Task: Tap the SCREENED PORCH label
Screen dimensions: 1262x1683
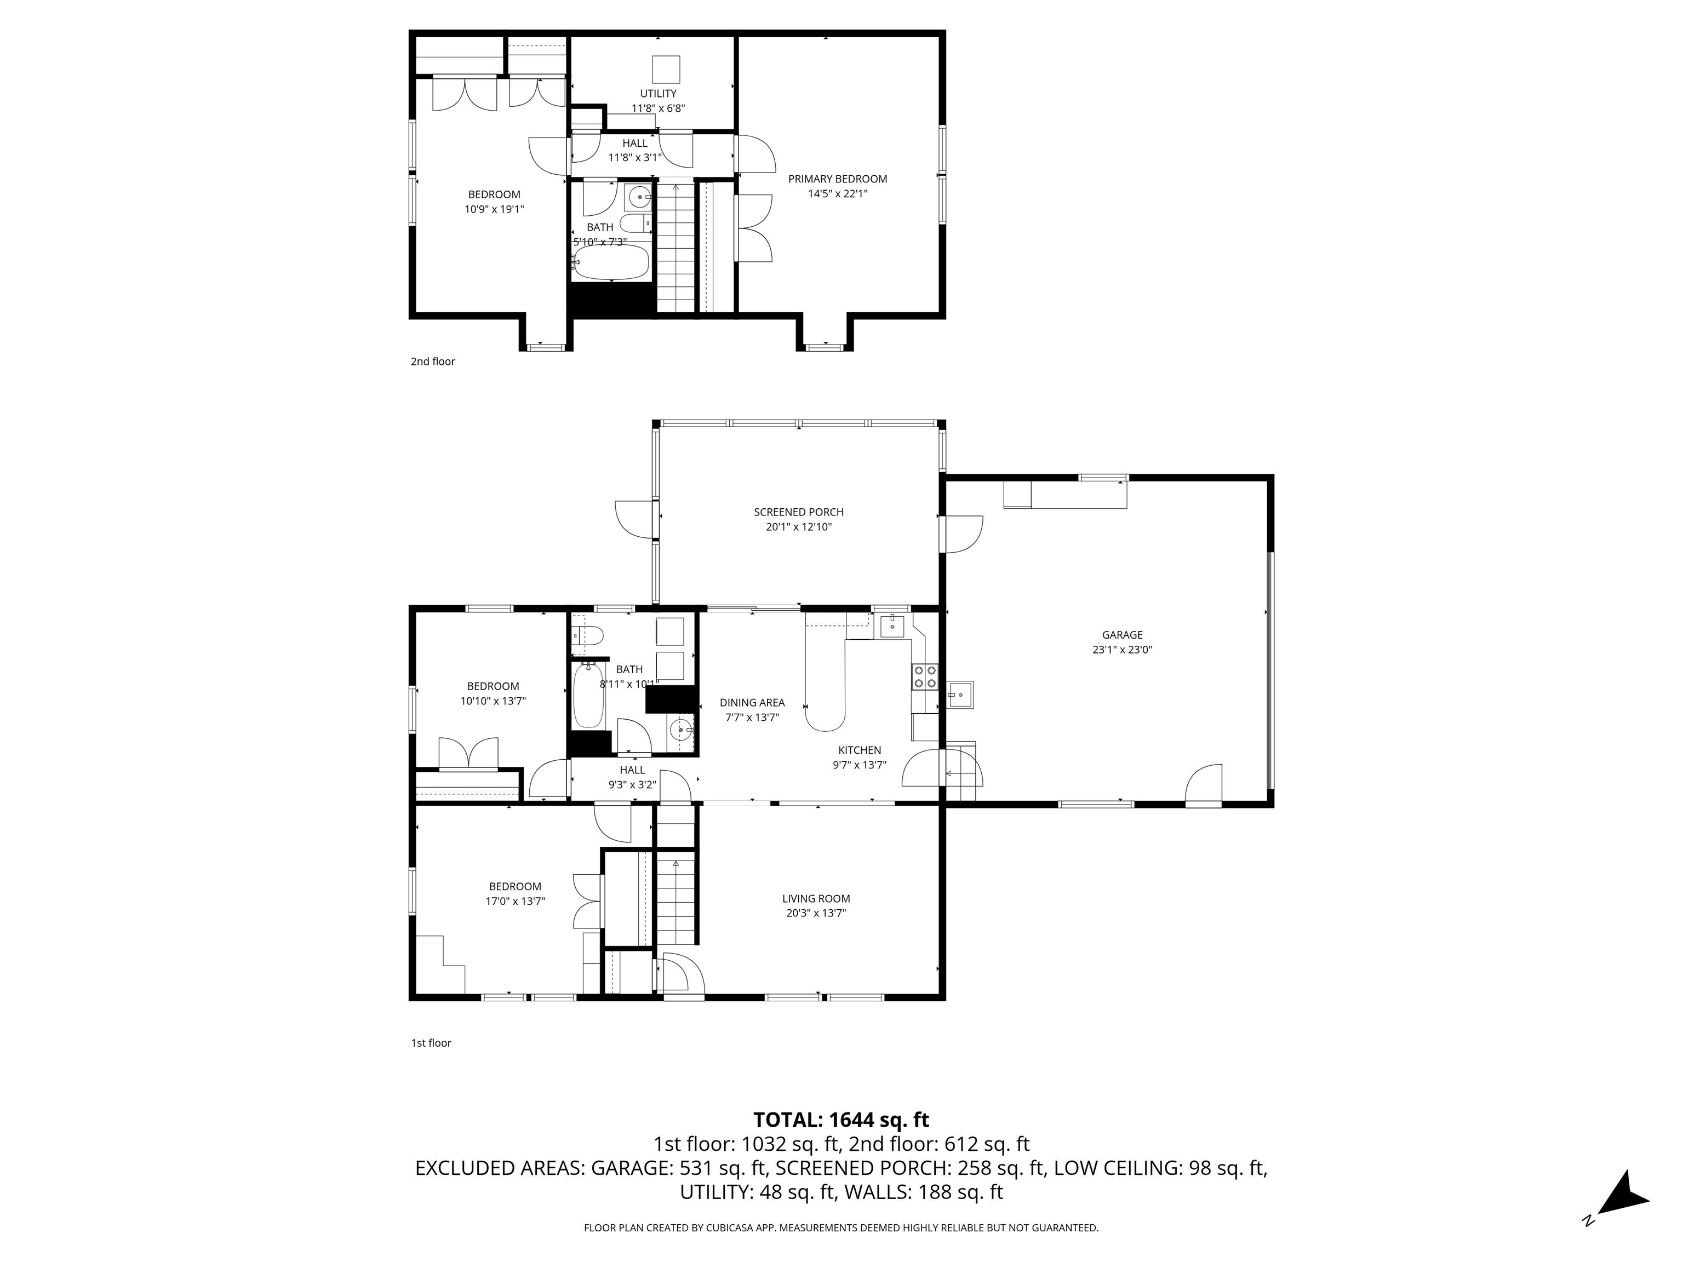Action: [x=798, y=512]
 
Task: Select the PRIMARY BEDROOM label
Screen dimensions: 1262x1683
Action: [x=837, y=179]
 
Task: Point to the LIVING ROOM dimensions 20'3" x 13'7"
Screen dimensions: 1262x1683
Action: [x=816, y=913]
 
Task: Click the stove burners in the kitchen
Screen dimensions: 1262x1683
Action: [x=924, y=676]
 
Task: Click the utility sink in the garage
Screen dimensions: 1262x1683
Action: [x=959, y=695]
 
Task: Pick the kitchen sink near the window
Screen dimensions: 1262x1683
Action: [x=892, y=626]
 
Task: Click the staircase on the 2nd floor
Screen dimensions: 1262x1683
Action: [x=676, y=247]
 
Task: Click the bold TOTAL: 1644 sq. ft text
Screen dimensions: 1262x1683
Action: [x=841, y=1120]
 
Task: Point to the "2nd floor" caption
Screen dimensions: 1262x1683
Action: [x=432, y=362]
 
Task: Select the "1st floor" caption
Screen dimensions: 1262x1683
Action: [x=431, y=1043]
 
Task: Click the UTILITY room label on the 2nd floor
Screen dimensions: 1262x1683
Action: [x=657, y=94]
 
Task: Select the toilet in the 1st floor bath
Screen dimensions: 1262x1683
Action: [x=588, y=634]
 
